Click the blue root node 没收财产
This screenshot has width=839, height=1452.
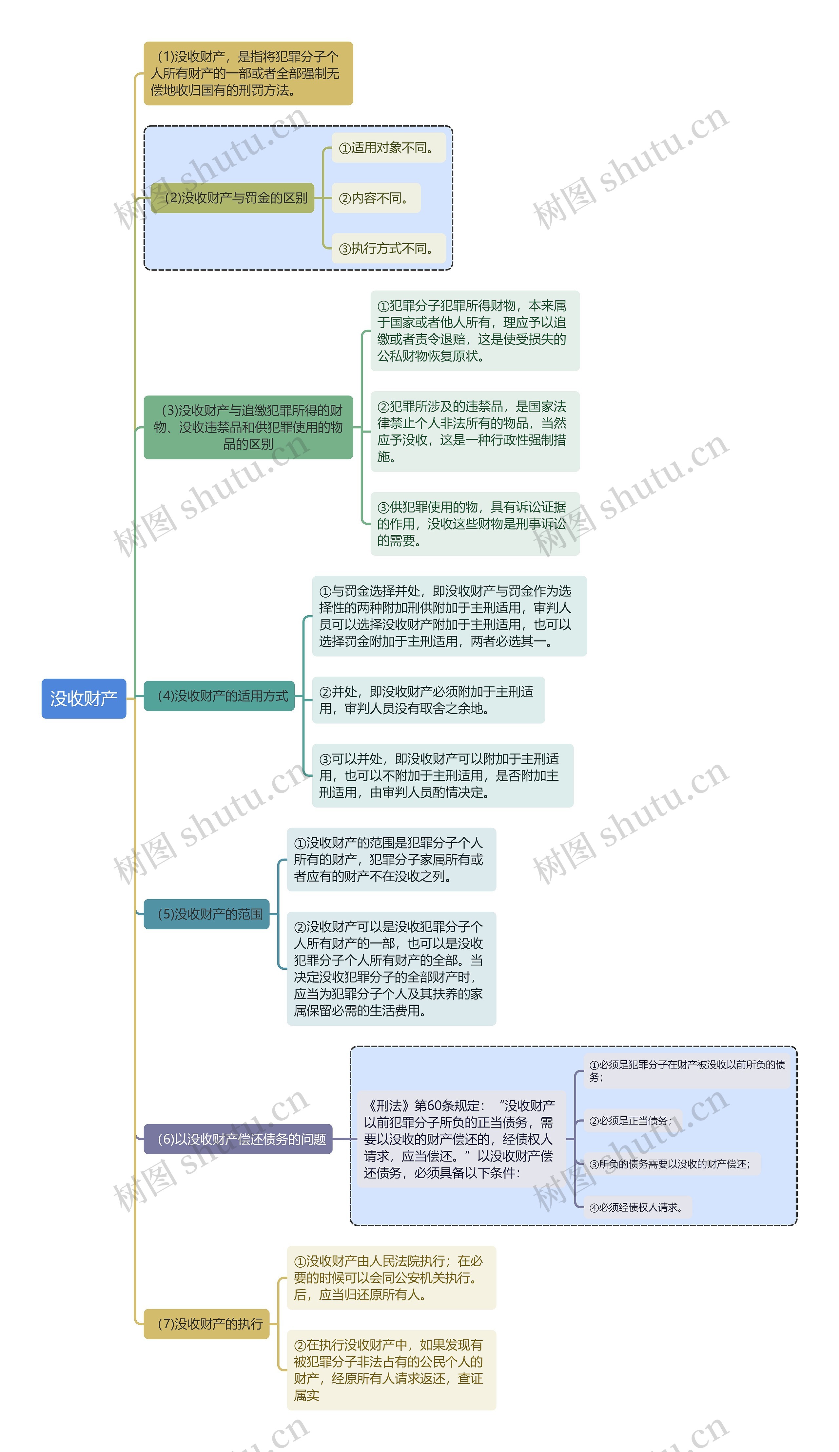click(84, 698)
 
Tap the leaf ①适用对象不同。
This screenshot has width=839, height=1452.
click(388, 148)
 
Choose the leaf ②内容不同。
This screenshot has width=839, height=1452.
click(376, 198)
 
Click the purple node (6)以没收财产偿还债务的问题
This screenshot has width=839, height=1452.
click(238, 1139)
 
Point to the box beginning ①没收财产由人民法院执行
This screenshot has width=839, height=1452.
click(391, 1277)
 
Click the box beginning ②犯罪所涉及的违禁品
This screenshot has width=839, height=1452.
click(474, 431)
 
